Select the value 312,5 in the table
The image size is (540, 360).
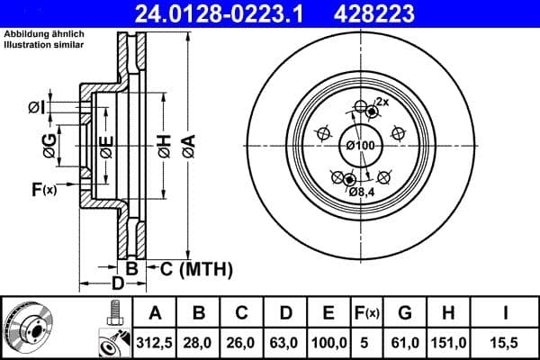155,342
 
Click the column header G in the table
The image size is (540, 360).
404,314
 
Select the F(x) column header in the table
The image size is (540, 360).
367,314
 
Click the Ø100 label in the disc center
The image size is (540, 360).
360,145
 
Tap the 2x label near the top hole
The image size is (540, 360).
382,102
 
